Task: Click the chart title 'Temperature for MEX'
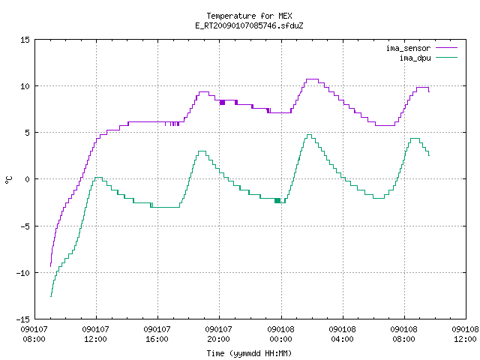[249, 16]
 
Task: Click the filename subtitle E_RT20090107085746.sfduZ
[249, 25]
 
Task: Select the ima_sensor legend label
[408, 48]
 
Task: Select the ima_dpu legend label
[415, 58]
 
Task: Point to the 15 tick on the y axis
[25, 40]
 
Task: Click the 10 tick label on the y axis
[25, 86]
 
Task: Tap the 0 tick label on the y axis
[27, 179]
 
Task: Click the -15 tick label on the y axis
[23, 319]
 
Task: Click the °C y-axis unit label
[8, 180]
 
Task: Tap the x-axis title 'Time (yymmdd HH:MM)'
[249, 353]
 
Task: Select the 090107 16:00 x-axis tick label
[157, 334]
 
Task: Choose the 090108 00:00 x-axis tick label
[280, 334]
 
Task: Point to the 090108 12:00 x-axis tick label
[465, 334]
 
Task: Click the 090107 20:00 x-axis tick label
[218, 334]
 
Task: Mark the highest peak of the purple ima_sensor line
[312, 79]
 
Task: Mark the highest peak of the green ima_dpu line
[309, 135]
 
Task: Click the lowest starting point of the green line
[51, 296]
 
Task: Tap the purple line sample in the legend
[447, 48]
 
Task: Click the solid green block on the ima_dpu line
[277, 200]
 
